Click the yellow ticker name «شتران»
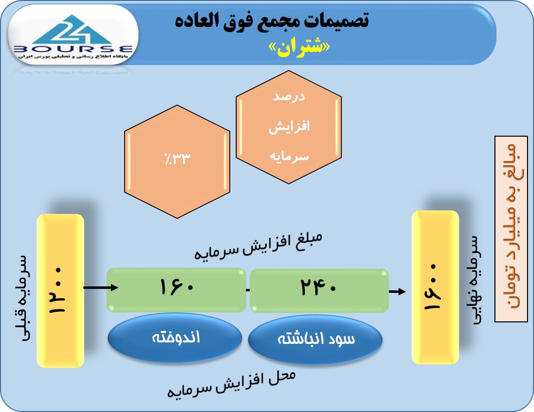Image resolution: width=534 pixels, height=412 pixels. pyautogui.click(x=299, y=48)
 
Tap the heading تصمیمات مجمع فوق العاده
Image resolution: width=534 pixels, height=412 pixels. pyautogui.click(x=272, y=20)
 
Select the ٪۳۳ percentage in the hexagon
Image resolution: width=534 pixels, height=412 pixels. pyautogui.click(x=178, y=158)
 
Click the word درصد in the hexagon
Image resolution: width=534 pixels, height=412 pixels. pyautogui.click(x=289, y=97)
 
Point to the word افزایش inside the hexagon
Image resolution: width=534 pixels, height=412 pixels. pyautogui.click(x=289, y=127)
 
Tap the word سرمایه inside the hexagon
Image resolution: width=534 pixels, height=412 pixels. pyautogui.click(x=289, y=156)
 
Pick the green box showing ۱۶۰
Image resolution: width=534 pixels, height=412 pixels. pyautogui.click(x=176, y=290)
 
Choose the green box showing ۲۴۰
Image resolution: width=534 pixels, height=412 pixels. pyautogui.click(x=319, y=291)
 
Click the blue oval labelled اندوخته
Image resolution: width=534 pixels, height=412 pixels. pyautogui.click(x=175, y=338)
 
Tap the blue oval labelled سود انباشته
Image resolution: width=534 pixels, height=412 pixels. pyautogui.click(x=315, y=339)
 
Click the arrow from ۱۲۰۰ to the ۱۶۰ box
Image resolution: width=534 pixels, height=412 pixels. pyautogui.click(x=101, y=288)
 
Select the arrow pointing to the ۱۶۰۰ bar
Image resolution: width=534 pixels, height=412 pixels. pyautogui.click(x=397, y=291)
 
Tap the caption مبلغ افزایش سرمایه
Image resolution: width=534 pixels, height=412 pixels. pyautogui.click(x=258, y=246)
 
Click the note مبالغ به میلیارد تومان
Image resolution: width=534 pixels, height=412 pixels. pyautogui.click(x=511, y=229)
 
